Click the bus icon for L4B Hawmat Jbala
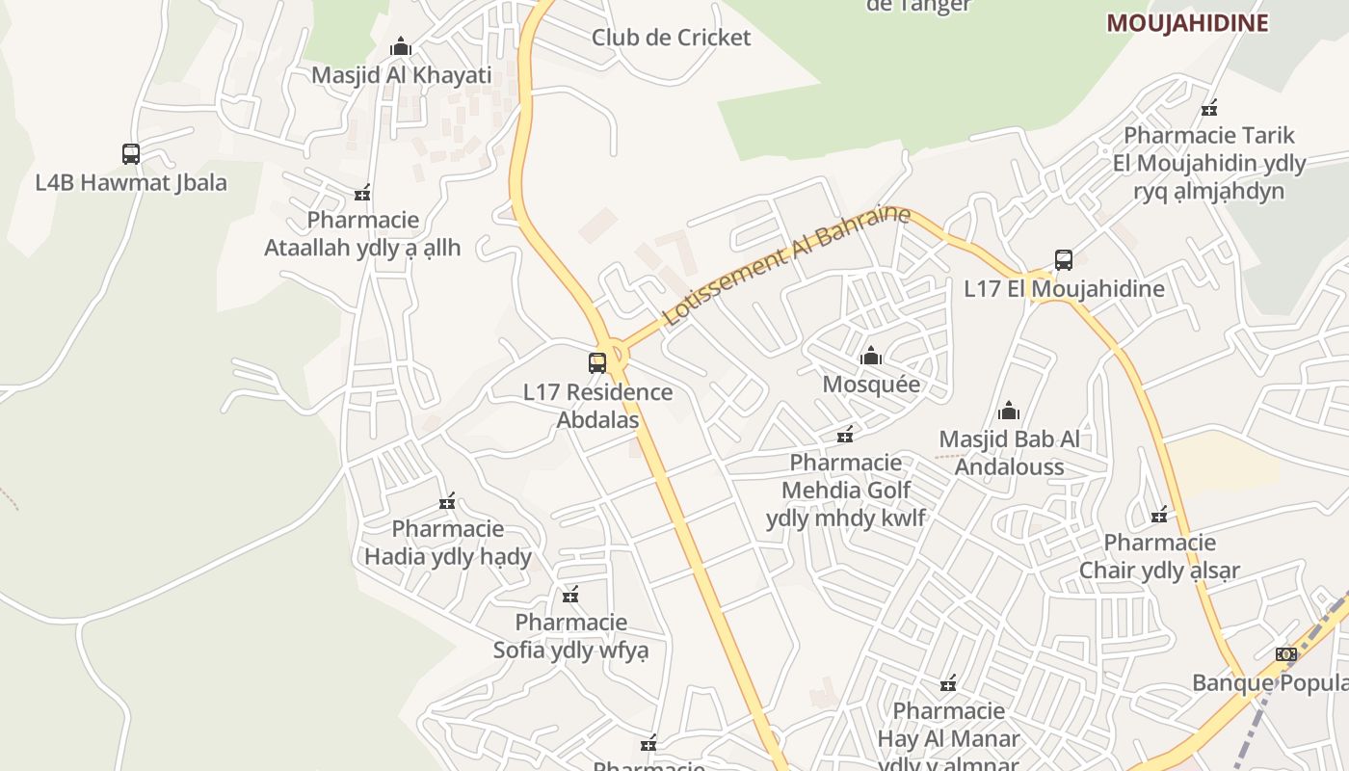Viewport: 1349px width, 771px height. tap(131, 153)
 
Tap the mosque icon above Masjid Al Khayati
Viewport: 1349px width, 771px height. tap(401, 46)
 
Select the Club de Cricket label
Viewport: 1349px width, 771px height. tap(671, 38)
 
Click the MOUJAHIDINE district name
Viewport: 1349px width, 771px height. tap(1187, 23)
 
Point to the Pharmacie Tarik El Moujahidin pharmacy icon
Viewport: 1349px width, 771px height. tap(1209, 107)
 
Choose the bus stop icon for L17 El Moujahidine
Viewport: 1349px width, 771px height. tap(1064, 259)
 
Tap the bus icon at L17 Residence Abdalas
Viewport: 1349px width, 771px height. tap(597, 363)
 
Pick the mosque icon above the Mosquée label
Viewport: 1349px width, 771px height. tap(871, 356)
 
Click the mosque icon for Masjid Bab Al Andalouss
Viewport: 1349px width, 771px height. tap(1009, 412)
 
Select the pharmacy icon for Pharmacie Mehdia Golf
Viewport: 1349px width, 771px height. tap(845, 435)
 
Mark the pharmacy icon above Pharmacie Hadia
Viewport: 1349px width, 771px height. tap(447, 501)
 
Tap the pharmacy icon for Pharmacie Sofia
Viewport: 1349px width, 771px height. tap(570, 595)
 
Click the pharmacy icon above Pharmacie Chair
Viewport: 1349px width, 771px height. tap(1159, 515)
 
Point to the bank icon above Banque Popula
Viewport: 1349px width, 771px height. tap(1285, 654)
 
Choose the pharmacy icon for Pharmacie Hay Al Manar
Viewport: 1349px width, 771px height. tap(948, 683)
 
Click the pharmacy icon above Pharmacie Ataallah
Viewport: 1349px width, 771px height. tap(362, 193)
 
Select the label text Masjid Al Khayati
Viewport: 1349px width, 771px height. tap(401, 75)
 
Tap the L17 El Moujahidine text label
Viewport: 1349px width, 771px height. tap(1064, 288)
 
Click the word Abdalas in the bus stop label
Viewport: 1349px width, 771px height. tap(597, 420)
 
